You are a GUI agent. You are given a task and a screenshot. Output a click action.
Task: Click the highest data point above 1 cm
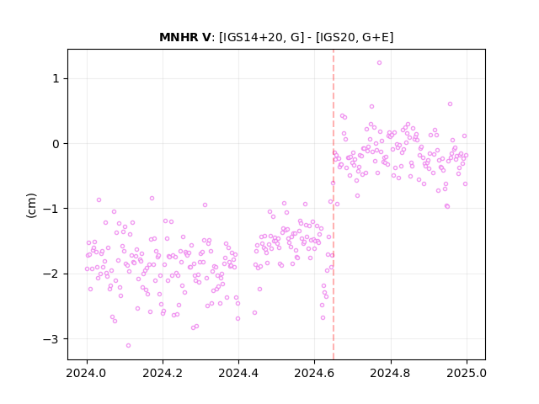tap(379, 63)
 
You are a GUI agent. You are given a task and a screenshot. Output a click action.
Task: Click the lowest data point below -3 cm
tap(128, 345)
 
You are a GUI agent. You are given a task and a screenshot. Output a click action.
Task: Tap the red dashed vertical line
tap(334, 205)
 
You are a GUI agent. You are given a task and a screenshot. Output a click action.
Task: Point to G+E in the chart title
tap(376, 37)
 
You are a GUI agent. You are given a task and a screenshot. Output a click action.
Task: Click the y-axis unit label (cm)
tap(31, 205)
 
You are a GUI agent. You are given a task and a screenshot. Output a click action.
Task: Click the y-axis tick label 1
tap(56, 78)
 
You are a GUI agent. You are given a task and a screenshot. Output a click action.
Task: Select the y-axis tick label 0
tap(56, 144)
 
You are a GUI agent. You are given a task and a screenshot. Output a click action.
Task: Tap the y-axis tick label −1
tap(51, 209)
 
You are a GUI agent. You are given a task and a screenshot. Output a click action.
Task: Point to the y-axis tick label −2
tap(51, 274)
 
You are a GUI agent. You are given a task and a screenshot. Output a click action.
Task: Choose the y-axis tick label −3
tap(51, 339)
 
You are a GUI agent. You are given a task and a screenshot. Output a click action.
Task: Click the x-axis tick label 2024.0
tap(87, 373)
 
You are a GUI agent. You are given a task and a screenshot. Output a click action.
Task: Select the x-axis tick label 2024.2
tap(163, 373)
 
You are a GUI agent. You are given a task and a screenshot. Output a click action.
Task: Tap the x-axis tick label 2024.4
tap(238, 373)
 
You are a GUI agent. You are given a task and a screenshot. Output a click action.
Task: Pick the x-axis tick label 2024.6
tap(314, 373)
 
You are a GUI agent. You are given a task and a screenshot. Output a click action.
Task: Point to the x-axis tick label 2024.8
tap(391, 373)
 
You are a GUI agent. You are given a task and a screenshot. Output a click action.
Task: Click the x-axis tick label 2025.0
tap(467, 373)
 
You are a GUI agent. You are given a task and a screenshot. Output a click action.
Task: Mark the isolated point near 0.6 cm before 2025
tap(450, 104)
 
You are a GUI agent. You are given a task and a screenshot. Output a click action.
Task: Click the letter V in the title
tap(205, 37)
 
